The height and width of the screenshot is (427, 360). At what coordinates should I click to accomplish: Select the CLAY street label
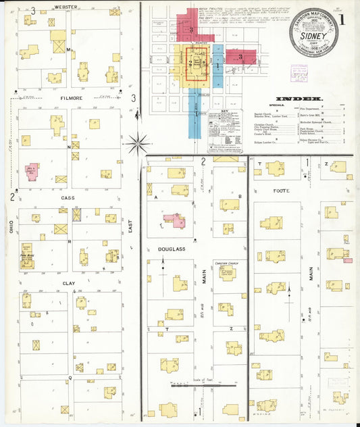(x=69, y=284)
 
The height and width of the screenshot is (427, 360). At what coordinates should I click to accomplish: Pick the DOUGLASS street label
(x=171, y=249)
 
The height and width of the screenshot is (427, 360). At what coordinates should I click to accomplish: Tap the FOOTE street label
(x=281, y=191)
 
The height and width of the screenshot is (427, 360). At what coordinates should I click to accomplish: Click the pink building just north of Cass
(x=32, y=172)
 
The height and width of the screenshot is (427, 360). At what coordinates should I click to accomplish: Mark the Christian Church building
(x=228, y=274)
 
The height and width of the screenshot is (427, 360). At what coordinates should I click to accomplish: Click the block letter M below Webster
(x=69, y=50)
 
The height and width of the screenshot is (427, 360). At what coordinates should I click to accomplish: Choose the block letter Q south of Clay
(x=69, y=377)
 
